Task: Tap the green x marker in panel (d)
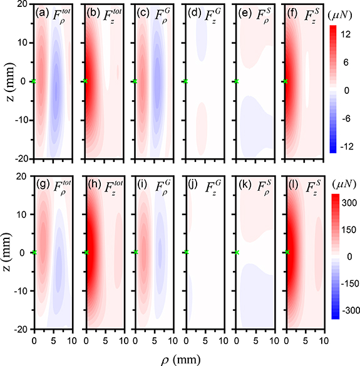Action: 186,82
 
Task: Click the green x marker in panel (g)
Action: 34,252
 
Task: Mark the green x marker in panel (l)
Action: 287,252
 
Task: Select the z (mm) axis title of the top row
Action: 7,81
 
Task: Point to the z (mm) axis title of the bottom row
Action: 7,252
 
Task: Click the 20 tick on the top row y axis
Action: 24,5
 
